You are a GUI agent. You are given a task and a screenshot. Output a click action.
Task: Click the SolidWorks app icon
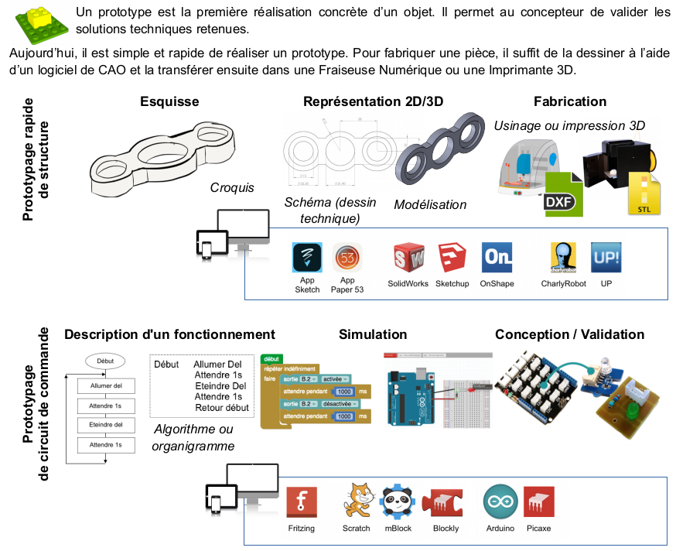(408, 258)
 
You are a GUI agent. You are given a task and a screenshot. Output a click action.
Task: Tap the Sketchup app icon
(452, 258)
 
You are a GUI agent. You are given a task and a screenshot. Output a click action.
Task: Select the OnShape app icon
(497, 258)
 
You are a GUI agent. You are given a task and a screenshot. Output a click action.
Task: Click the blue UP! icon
(606, 258)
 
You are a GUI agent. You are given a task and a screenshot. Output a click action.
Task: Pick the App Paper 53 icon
(347, 258)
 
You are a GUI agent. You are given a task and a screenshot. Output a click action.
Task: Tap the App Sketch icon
(307, 258)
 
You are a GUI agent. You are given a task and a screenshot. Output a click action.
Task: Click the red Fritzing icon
(302, 502)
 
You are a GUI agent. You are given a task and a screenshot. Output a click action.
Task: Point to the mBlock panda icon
(398, 501)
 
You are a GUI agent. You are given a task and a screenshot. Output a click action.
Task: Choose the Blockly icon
(446, 502)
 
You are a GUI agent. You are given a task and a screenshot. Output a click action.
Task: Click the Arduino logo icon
(500, 502)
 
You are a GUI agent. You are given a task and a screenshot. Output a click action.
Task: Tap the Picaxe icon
(538, 502)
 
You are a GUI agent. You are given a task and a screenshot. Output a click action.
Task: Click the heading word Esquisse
(169, 101)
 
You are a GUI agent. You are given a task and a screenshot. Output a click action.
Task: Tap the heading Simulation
(373, 334)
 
